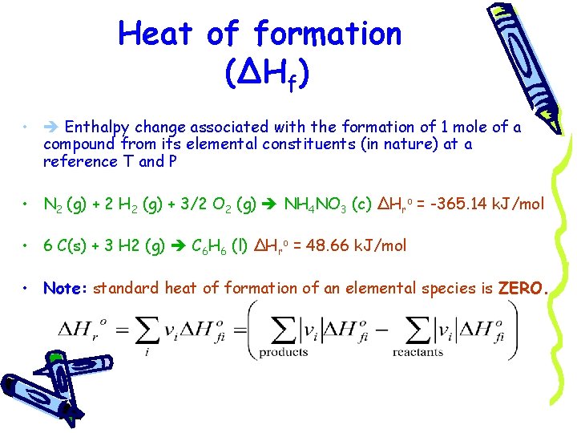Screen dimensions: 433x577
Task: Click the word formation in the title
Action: click(x=328, y=34)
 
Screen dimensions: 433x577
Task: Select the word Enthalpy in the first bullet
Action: click(x=98, y=127)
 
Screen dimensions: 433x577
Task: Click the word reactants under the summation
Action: click(x=418, y=351)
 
